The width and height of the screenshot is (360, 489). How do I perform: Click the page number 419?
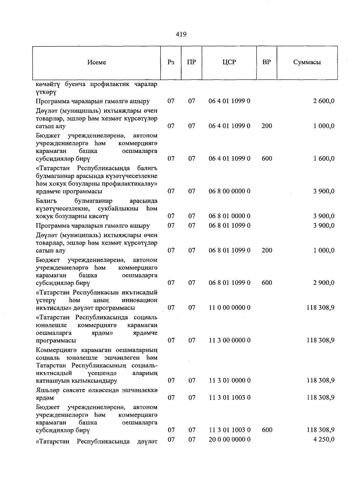[181, 34]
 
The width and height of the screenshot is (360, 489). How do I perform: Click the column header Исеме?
[97, 62]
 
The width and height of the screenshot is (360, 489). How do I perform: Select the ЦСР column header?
[229, 62]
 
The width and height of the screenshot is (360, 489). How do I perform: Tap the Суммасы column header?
[307, 62]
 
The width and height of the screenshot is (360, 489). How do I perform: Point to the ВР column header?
[266, 62]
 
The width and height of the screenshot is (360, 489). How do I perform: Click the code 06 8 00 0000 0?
[229, 191]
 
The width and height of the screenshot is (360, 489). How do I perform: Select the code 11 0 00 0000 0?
[229, 308]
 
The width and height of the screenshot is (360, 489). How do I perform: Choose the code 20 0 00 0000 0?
[229, 439]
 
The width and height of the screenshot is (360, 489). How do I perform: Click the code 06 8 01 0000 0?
[229, 216]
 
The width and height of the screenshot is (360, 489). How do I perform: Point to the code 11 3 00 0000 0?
[229, 340]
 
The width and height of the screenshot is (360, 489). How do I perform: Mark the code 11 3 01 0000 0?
[229, 380]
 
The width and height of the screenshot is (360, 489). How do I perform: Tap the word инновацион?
[139, 300]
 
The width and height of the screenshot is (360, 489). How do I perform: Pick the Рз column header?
[171, 62]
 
